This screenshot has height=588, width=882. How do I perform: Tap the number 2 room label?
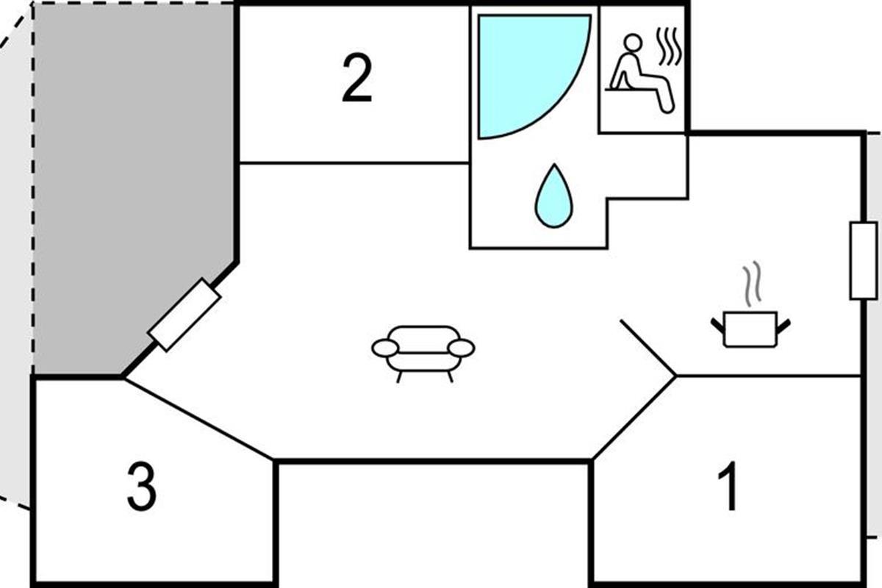click(x=357, y=80)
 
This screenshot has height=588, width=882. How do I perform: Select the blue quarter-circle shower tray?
click(x=522, y=66)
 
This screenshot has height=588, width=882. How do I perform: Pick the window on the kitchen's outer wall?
click(x=863, y=260)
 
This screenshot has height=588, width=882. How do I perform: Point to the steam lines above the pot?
click(x=750, y=287)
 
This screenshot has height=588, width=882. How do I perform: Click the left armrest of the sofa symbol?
click(x=385, y=348)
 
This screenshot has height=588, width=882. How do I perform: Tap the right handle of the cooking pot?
click(x=784, y=324)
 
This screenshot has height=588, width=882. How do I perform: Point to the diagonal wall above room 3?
click(x=198, y=420)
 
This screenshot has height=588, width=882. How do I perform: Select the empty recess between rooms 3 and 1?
click(x=434, y=522)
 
